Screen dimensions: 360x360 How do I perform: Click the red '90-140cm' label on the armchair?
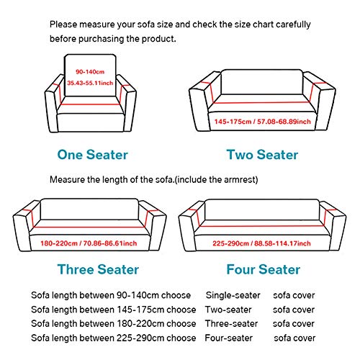[x=90, y=71]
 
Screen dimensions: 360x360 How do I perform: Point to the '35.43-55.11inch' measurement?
[x=90, y=84]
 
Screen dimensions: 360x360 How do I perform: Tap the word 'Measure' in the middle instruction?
[x=67, y=179]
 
